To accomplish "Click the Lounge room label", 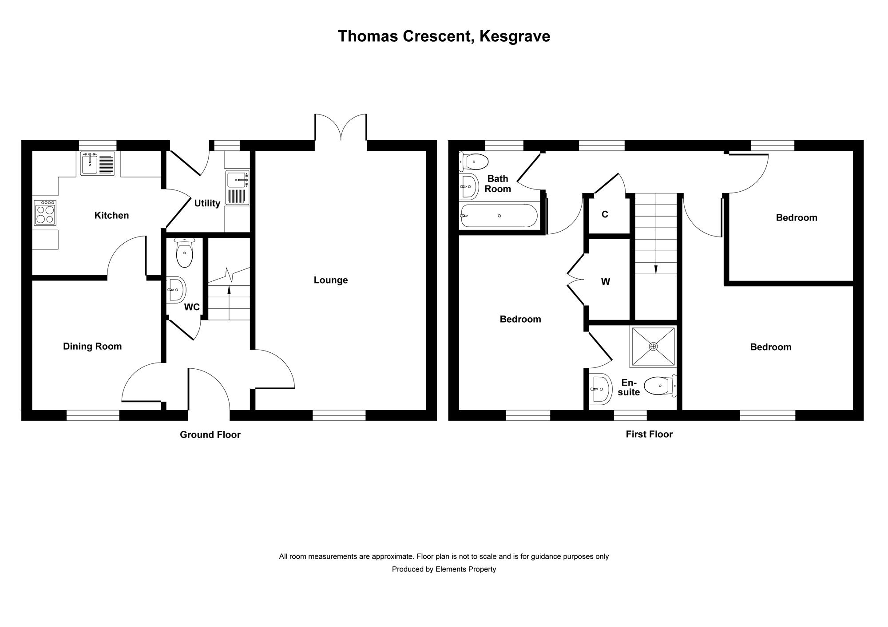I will pos(330,280).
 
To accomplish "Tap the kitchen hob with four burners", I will pos(45,213).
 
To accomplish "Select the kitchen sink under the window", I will pos(97,164).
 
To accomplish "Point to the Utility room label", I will pos(207,203).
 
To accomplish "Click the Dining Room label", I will pos(92,346).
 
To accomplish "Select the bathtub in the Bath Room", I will pos(499,216).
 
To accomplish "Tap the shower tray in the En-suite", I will pos(653,347).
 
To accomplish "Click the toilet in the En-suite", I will pos(659,386).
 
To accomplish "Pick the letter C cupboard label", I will pos(604,214).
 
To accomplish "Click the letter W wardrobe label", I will pos(605,281).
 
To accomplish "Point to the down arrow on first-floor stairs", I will pos(656,268).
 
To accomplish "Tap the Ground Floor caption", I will pos(210,435).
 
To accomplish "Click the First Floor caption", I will pos(649,434).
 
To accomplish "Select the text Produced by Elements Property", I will pos(444,569).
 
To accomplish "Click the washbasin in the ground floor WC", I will pos(176,290).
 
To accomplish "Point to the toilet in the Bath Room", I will pos(474,161).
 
